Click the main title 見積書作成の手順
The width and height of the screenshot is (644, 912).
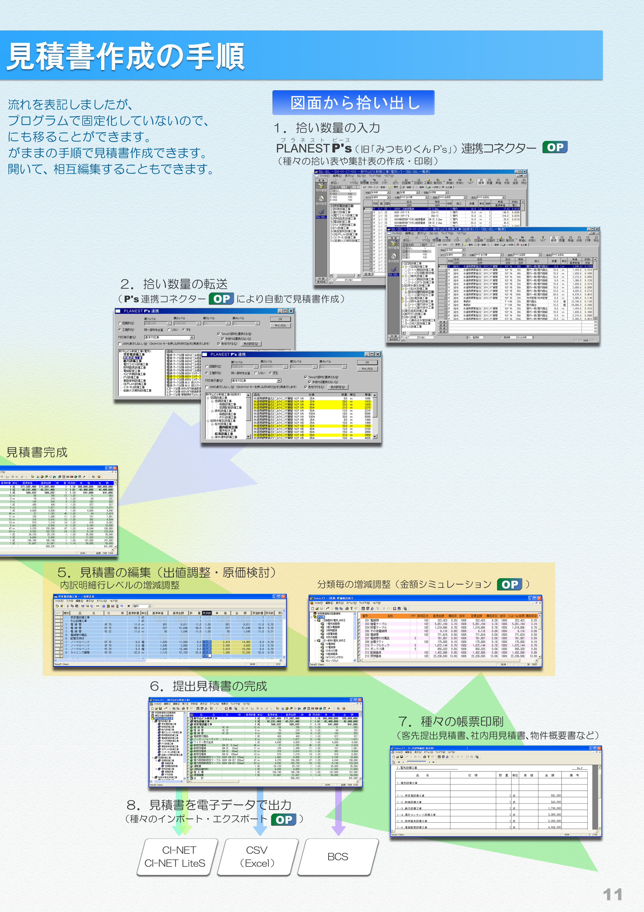point(126,56)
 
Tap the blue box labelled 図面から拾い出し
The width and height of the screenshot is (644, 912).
point(353,103)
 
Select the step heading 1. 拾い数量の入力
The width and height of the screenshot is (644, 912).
point(327,128)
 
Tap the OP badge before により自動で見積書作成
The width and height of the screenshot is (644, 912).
point(222,299)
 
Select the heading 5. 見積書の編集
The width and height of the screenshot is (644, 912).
point(167,572)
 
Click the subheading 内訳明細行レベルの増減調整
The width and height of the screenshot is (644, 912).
point(120,585)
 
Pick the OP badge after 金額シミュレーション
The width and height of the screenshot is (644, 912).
point(509,584)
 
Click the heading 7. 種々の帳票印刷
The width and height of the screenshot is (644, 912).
point(451,721)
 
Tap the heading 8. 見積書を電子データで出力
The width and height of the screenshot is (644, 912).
point(209,805)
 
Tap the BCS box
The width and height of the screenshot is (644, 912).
point(338,857)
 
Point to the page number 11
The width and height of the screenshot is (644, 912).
point(612,895)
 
